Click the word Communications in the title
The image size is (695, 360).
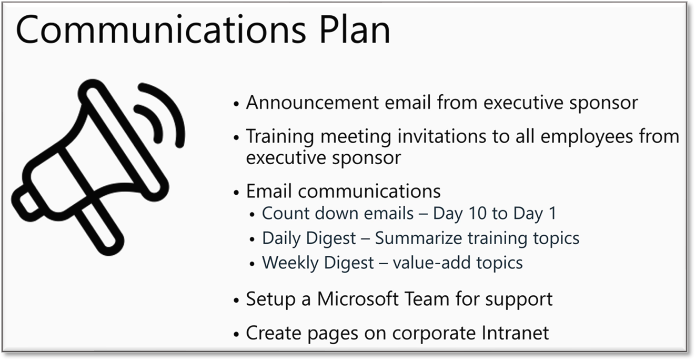point(161,29)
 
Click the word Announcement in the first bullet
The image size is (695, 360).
point(313,103)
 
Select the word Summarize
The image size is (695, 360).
point(419,238)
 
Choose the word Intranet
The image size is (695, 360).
point(515,333)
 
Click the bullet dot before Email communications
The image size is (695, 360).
point(236,193)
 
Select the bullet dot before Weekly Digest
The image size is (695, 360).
point(252,264)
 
